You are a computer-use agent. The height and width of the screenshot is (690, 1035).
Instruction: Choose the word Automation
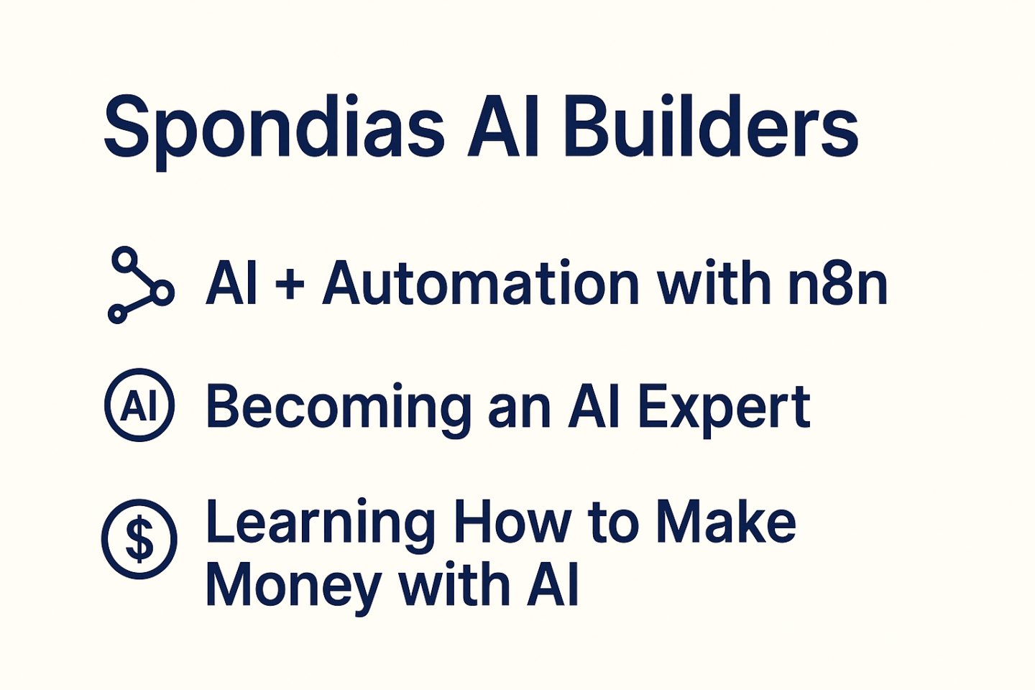[481, 282]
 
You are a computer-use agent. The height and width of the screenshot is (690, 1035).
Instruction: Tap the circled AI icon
[139, 405]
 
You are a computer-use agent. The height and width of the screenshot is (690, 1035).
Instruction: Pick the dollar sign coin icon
[139, 539]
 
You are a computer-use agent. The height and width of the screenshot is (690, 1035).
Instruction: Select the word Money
[294, 586]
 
